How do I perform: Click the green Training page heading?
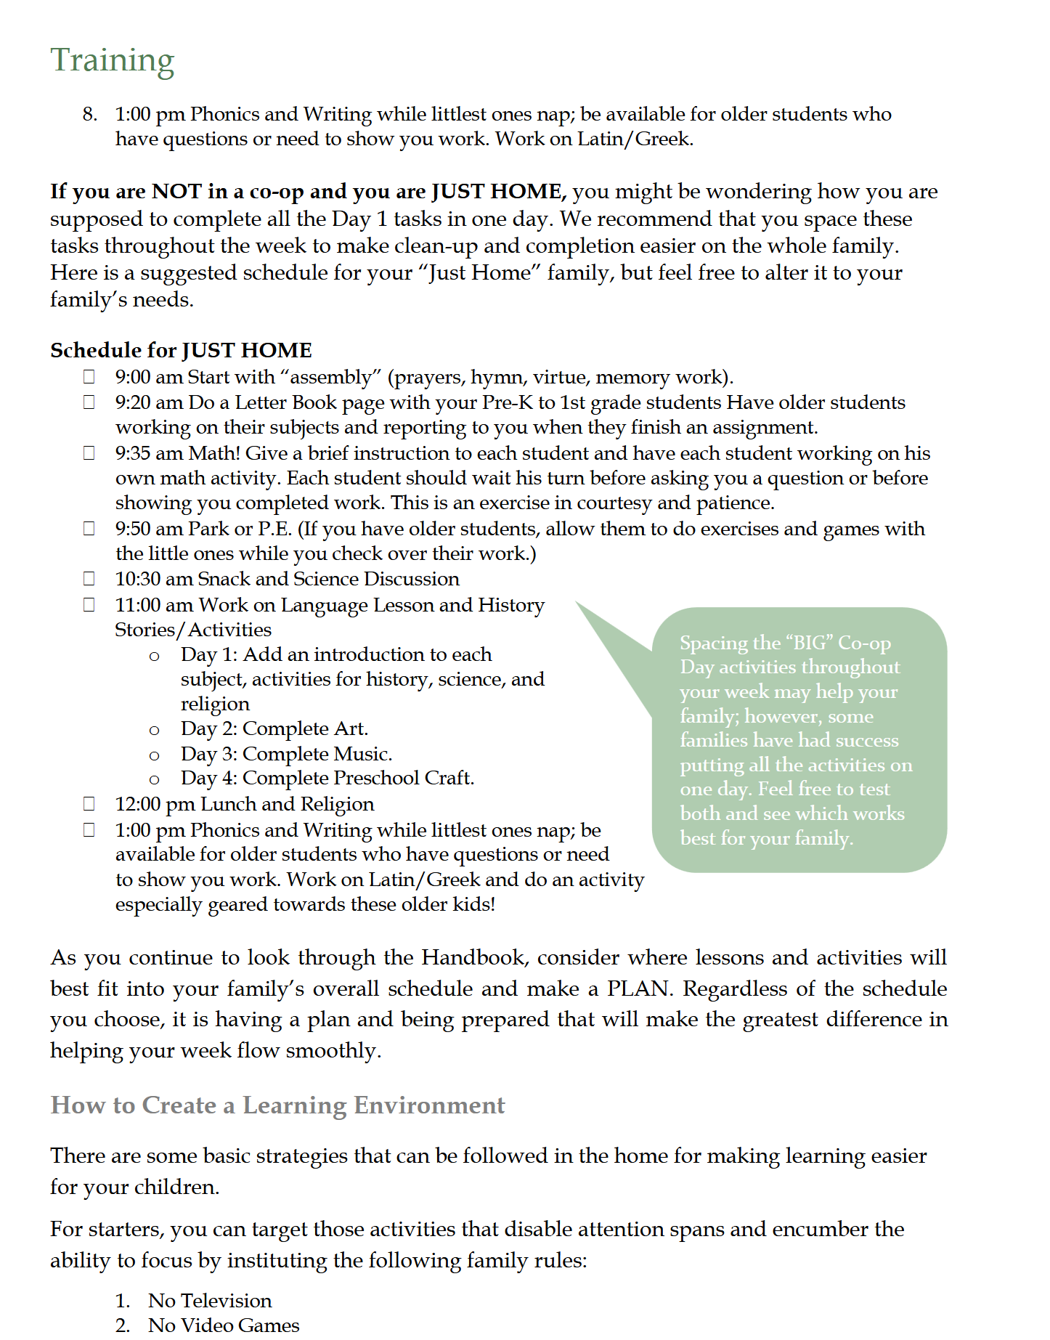pyautogui.click(x=113, y=60)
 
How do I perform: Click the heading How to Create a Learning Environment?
pyautogui.click(x=277, y=1105)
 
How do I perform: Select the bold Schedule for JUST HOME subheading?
pyautogui.click(x=181, y=350)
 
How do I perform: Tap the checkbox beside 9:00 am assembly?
pyautogui.click(x=89, y=376)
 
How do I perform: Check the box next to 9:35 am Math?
pyautogui.click(x=89, y=452)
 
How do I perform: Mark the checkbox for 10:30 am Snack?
pyautogui.click(x=89, y=578)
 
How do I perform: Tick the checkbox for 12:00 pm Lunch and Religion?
pyautogui.click(x=89, y=803)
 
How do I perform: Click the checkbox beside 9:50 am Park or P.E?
pyautogui.click(x=89, y=528)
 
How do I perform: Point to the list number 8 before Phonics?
pyautogui.click(x=89, y=114)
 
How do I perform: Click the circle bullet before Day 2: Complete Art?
pyautogui.click(x=154, y=729)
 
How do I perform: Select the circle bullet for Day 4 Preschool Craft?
pyautogui.click(x=154, y=779)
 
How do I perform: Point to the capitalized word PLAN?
pyautogui.click(x=638, y=988)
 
